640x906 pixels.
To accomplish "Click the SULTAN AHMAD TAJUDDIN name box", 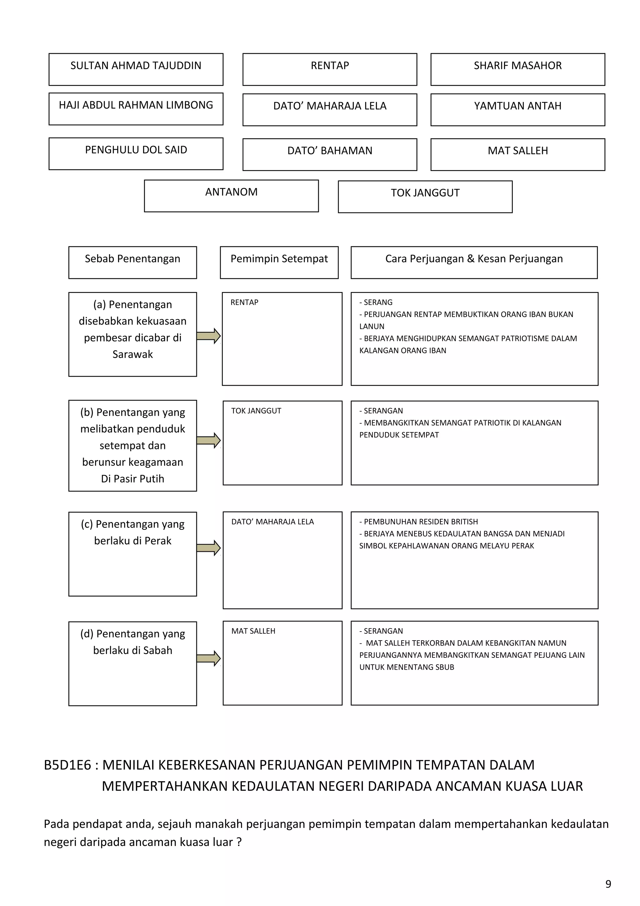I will pyautogui.click(x=136, y=69).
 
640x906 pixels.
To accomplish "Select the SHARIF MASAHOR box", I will pyautogui.click(x=517, y=69).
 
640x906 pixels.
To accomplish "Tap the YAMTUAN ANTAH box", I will pyautogui.click(x=517, y=109).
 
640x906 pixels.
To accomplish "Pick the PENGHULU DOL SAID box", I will pyautogui.click(x=136, y=154).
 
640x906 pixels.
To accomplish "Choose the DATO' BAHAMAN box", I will pyautogui.click(x=330, y=154).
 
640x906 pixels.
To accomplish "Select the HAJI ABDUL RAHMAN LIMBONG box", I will pyautogui.click(x=136, y=108).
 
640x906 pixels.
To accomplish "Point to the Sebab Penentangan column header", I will pyautogui.click(x=132, y=262).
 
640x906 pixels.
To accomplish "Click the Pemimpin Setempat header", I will pyautogui.click(x=279, y=262).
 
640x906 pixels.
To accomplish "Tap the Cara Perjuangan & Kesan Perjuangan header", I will pyautogui.click(x=474, y=262).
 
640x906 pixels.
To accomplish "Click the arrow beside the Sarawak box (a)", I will pyautogui.click(x=208, y=336).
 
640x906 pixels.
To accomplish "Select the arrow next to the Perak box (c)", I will pyautogui.click(x=208, y=548).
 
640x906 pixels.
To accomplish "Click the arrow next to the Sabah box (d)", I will pyautogui.click(x=208, y=658).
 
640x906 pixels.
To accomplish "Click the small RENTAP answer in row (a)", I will pyautogui.click(x=244, y=302).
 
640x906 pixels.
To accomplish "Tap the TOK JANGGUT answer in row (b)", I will pyautogui.click(x=256, y=411).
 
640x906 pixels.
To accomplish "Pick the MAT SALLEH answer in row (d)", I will pyautogui.click(x=253, y=631).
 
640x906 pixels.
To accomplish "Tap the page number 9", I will pyautogui.click(x=608, y=884).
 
